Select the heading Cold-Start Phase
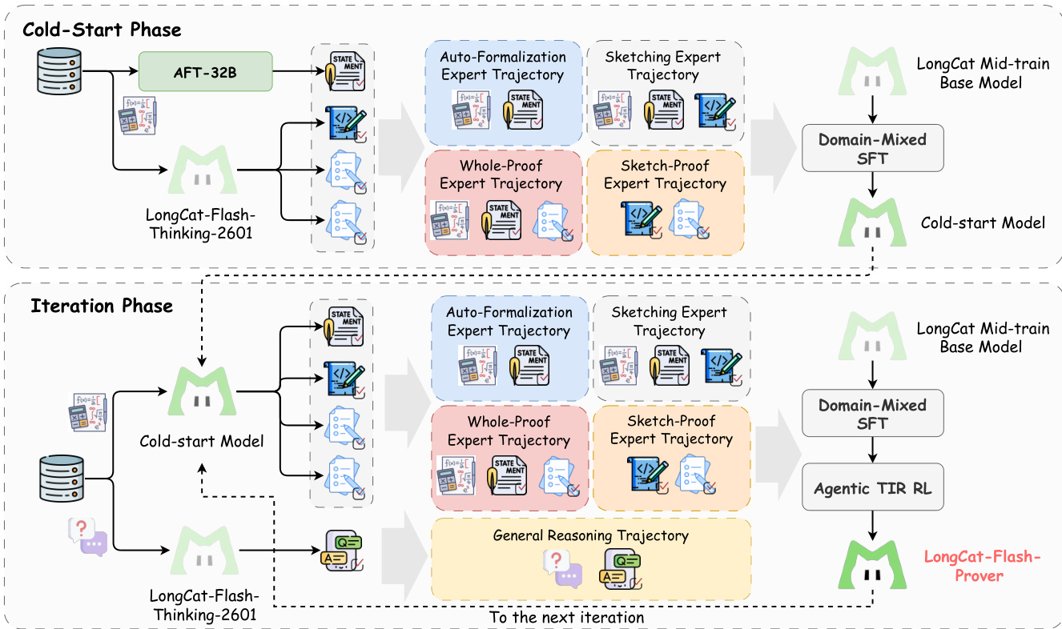(x=102, y=30)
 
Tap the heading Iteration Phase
(x=102, y=306)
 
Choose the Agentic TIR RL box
(x=872, y=487)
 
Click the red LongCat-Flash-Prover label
(x=984, y=565)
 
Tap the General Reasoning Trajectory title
(x=591, y=535)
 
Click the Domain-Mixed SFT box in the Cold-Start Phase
(x=872, y=148)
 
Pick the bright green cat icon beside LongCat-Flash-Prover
(x=872, y=565)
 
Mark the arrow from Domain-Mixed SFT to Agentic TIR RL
(x=872, y=451)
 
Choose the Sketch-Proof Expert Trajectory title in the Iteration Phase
(x=671, y=430)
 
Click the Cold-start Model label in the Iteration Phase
(x=201, y=441)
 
